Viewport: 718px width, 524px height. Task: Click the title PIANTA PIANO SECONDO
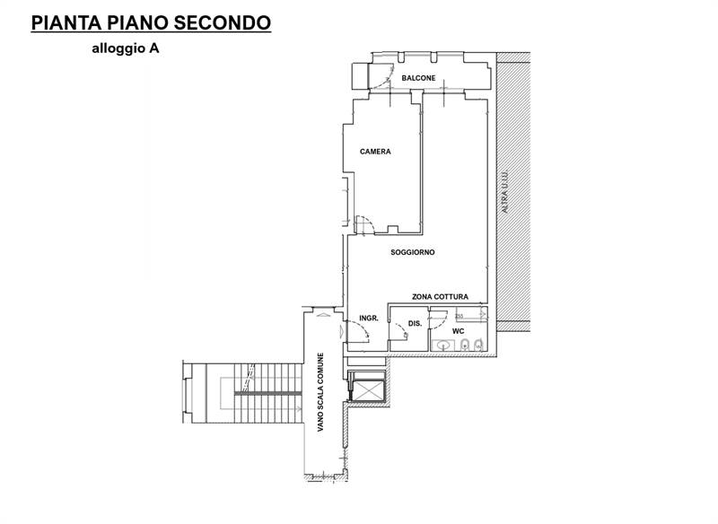point(151,23)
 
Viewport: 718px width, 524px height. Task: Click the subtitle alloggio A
point(125,50)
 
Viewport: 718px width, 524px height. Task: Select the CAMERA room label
point(375,152)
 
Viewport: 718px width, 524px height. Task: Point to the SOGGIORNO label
point(413,252)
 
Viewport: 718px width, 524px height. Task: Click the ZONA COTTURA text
point(440,296)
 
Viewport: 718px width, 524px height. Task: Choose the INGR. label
point(368,318)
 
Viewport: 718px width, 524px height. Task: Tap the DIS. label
point(415,323)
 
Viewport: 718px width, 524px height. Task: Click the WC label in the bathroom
point(458,331)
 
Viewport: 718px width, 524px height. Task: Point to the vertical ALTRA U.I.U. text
point(505,192)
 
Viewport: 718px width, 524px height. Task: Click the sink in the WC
point(442,345)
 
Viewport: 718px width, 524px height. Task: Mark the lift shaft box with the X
point(365,389)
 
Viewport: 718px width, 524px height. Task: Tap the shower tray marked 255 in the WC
point(470,315)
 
